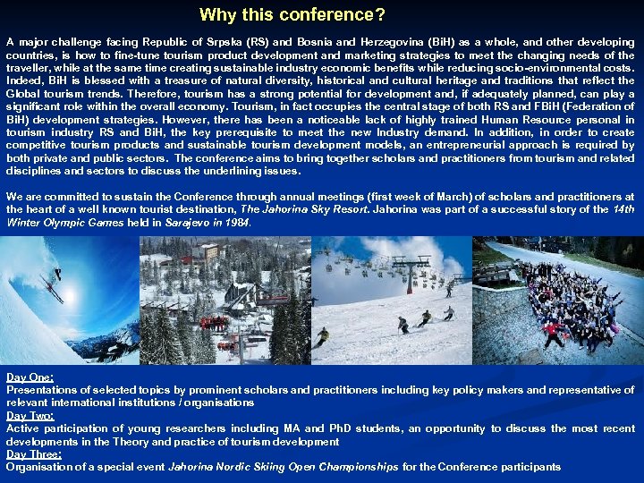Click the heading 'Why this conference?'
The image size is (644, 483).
(x=292, y=15)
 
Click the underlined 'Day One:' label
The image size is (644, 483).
(x=30, y=377)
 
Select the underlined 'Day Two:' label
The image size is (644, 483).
(x=30, y=416)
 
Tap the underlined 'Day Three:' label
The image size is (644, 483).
(x=33, y=454)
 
